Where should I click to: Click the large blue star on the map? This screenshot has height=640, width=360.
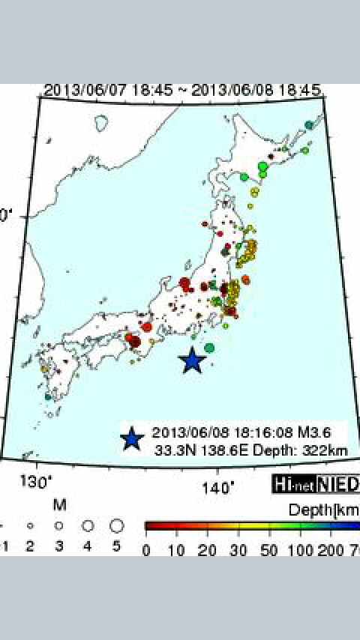click(x=193, y=360)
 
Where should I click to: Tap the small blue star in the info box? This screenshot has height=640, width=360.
click(x=131, y=438)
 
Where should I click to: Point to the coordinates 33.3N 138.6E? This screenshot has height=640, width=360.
click(x=196, y=449)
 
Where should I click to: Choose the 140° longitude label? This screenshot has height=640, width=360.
click(x=219, y=489)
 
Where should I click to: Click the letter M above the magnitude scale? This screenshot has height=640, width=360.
click(x=59, y=504)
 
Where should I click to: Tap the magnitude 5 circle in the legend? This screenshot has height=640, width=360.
click(x=116, y=525)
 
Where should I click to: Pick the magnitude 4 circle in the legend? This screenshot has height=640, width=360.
click(x=87, y=525)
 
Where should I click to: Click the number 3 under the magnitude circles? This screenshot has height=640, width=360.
click(x=58, y=546)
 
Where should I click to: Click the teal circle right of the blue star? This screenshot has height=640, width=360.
click(x=209, y=348)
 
